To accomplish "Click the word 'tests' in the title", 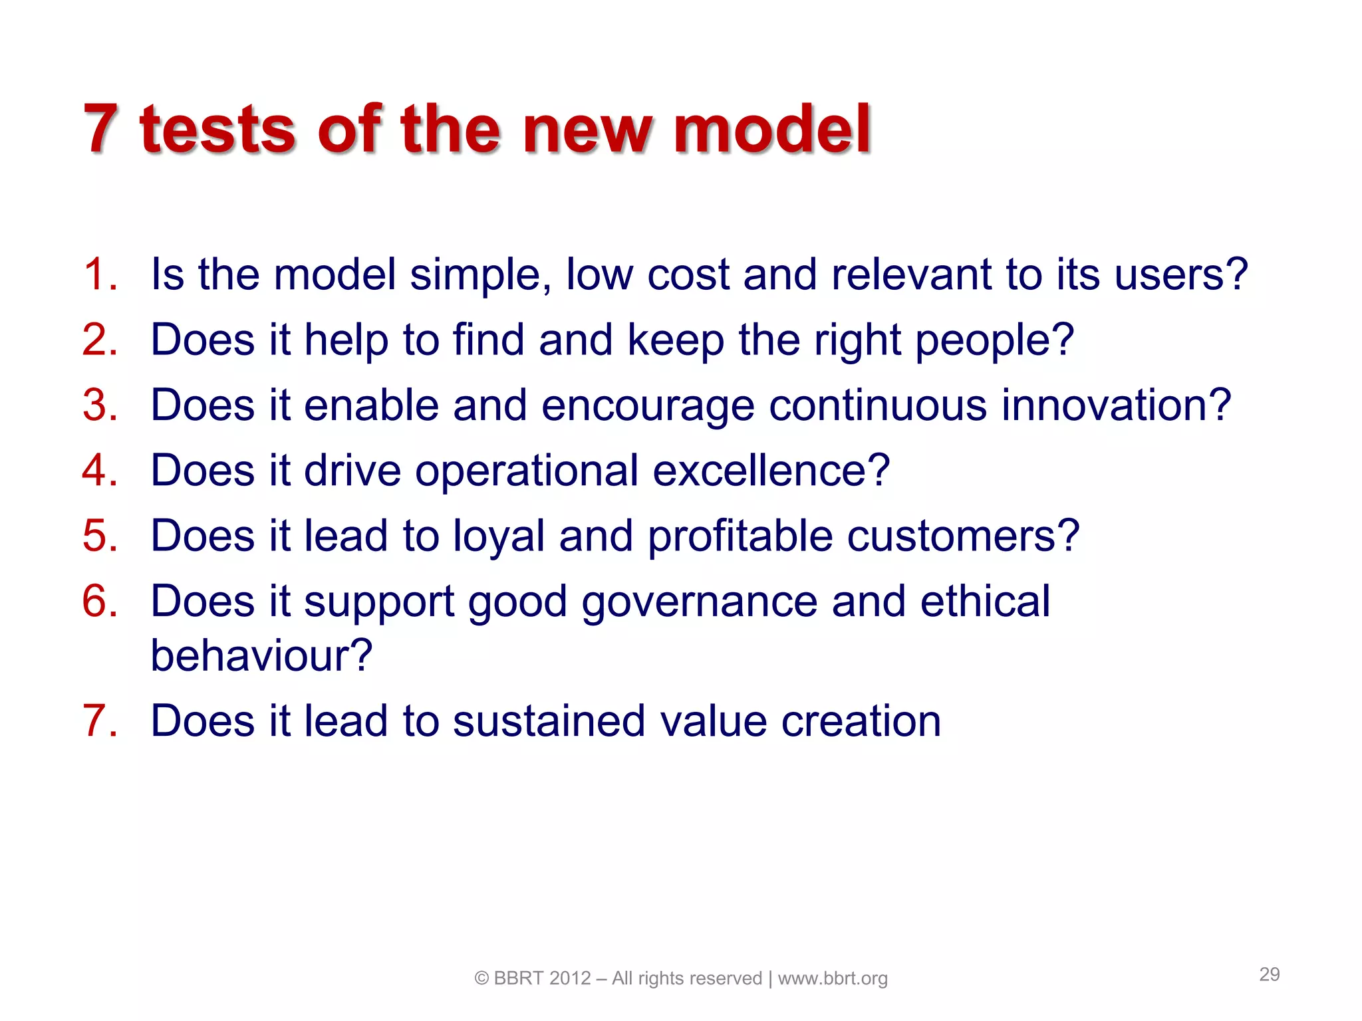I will pos(217,130).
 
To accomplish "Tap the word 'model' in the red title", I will pos(771,130).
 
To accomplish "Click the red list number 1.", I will pos(100,275).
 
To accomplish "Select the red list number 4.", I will pos(100,471).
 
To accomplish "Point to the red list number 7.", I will pos(100,721).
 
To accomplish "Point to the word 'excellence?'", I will pos(771,471).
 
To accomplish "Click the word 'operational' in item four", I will pos(527,471).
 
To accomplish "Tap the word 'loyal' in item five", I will pos(498,536).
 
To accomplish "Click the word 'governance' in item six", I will pos(699,602).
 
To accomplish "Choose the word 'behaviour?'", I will pos(261,656).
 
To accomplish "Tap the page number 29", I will pos(1269,974).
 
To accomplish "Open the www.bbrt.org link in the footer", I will pos(833,978).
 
